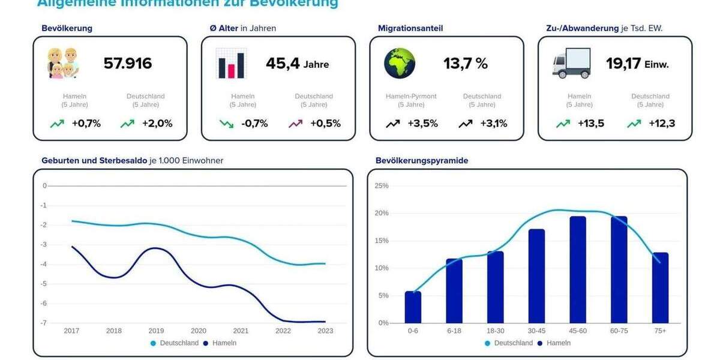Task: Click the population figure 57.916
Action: (x=128, y=64)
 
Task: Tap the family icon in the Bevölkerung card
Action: (x=64, y=63)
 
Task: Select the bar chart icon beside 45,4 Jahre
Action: (x=231, y=64)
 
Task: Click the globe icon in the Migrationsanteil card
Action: (x=400, y=63)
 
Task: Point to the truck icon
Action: (x=571, y=63)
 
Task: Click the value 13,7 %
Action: (x=466, y=64)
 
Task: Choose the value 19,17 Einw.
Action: (x=637, y=64)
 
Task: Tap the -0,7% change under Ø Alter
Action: (x=254, y=124)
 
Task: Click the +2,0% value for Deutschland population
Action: (x=157, y=124)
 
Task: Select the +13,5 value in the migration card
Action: (x=591, y=124)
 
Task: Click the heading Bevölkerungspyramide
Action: (x=422, y=161)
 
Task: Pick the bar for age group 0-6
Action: (x=413, y=307)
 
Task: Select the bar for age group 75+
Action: (x=660, y=288)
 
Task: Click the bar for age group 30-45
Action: (x=536, y=276)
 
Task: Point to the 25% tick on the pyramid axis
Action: (x=382, y=186)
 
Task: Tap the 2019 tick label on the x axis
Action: (x=156, y=331)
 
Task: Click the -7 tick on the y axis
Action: (x=43, y=323)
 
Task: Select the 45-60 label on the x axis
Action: (x=578, y=331)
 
